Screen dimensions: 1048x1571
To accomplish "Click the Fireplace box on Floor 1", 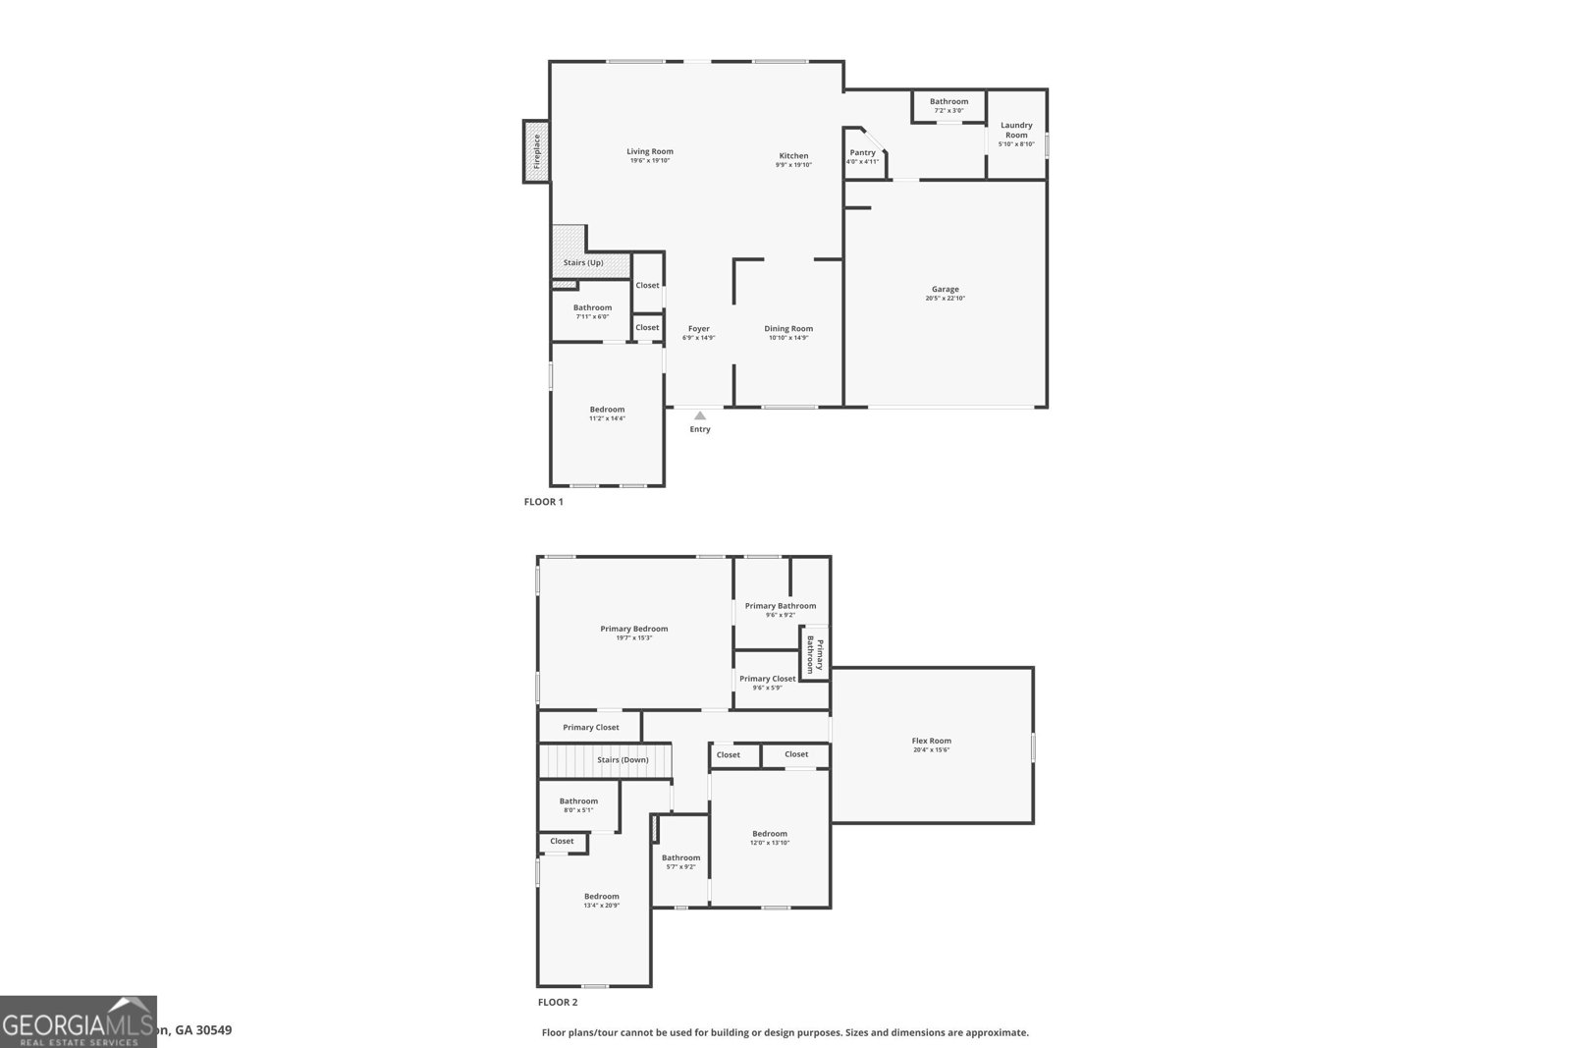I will pos(536,151).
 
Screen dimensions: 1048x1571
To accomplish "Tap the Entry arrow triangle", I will pos(700,416).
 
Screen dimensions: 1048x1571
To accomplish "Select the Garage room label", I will pos(946,290).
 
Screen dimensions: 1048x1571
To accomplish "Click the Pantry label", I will pos(862,152).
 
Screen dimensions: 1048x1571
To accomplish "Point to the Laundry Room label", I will pos(1016,130).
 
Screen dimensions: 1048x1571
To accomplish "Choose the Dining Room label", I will pos(788,329).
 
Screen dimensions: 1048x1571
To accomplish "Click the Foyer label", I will pos(699,329).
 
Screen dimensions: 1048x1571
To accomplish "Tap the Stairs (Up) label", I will pos(583,262).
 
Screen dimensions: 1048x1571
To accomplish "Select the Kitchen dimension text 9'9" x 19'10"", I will pos(793,165).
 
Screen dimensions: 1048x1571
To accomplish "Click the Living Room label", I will pos(650,151).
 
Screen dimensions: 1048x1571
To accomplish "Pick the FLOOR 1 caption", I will pos(544,502).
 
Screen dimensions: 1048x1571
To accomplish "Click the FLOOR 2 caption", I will pos(558,1003).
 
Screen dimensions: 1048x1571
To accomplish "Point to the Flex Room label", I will pos(932,741).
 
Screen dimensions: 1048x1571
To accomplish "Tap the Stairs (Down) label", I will pos(623,760).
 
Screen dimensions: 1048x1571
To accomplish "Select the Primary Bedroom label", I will pos(634,629).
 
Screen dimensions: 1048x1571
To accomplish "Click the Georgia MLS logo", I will pos(79,1021).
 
